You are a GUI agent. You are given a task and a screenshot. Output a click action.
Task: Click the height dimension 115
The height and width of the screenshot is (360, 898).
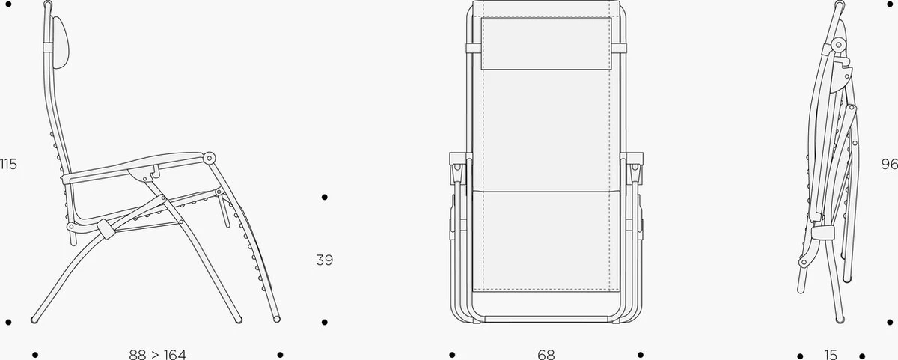[x=8, y=164]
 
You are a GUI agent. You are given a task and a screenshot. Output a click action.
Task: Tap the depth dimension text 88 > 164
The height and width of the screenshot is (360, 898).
[x=158, y=355]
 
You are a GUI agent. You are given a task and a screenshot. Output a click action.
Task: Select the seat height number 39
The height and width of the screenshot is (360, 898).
[x=324, y=260]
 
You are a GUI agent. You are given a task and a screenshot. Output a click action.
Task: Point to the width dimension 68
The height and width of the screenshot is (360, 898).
[x=546, y=355]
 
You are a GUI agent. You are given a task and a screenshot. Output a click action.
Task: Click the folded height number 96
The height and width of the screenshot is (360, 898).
[x=890, y=164]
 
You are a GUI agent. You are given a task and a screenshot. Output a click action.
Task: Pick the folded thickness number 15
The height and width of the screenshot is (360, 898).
[x=831, y=355]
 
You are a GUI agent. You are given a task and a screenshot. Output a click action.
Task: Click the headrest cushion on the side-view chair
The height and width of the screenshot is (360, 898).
[x=61, y=43]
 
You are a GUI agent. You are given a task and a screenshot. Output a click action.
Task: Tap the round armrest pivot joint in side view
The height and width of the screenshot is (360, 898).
[x=209, y=158]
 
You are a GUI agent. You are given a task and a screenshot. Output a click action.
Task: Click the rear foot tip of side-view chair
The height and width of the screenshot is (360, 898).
[x=34, y=320]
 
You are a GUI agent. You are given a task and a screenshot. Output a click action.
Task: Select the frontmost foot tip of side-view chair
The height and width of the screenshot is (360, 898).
[x=277, y=319]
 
